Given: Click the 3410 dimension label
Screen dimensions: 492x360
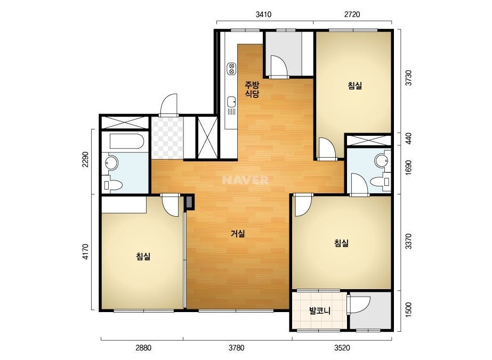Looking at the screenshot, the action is tap(263, 14).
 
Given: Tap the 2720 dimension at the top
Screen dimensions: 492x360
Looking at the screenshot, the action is tap(352, 14).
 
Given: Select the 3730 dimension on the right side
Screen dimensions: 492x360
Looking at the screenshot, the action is tap(408, 78).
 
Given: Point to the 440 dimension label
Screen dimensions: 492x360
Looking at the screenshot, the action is tap(408, 138).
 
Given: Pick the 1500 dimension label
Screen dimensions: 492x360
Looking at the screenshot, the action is tap(408, 310).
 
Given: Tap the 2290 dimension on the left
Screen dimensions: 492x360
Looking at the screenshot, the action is tap(86, 160).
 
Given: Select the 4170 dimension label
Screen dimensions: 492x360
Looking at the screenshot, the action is tap(86, 252).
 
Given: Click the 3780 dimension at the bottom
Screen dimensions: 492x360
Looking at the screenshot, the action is tap(236, 348).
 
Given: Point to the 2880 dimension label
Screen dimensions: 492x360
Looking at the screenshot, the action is tap(143, 348).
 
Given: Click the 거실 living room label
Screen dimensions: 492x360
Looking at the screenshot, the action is tap(238, 234).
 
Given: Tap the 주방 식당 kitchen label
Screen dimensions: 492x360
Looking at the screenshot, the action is tap(252, 89).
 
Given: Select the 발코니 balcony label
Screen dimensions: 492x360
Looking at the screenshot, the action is tap(320, 311).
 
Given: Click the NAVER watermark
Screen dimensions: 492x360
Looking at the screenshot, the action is tap(245, 180).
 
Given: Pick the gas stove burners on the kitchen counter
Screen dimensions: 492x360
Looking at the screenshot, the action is tap(232, 68).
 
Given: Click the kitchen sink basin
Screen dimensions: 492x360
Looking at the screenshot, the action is tap(231, 102).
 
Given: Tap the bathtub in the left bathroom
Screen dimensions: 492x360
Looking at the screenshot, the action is tap(127, 141).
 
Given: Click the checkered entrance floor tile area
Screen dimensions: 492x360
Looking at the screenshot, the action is tap(167, 138).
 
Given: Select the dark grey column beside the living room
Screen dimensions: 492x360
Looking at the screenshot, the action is tap(190, 202).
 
